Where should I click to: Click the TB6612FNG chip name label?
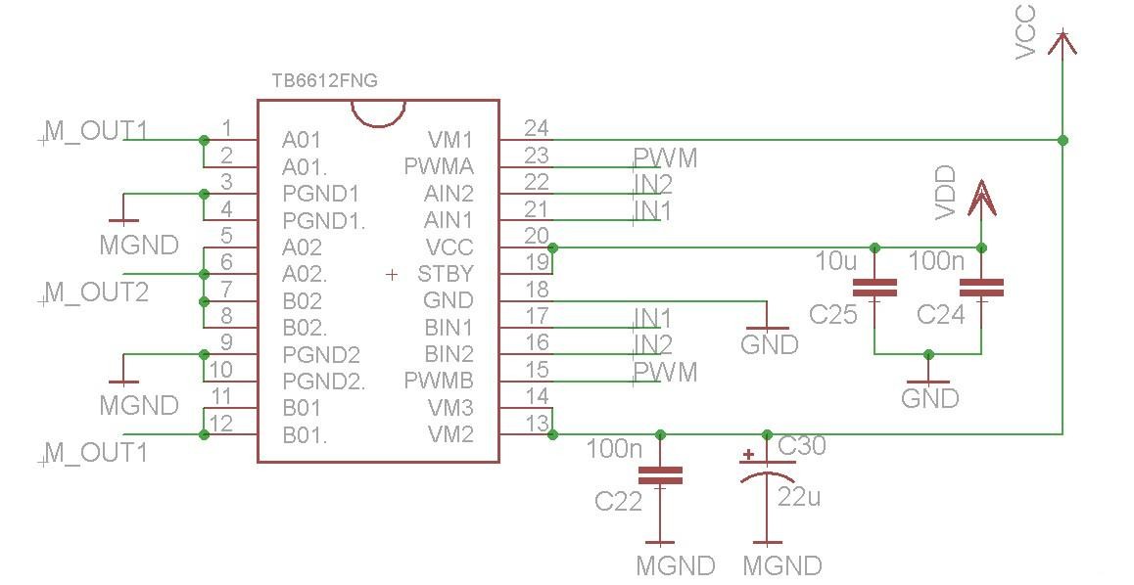pos(325,80)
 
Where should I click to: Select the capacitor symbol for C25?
pos(874,289)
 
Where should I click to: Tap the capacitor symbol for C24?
pos(981,289)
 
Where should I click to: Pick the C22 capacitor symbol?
pos(660,475)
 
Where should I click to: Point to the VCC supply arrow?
pos(1063,43)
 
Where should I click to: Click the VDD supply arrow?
pos(981,198)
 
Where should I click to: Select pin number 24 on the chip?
pos(536,128)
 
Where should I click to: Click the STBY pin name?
pos(446,274)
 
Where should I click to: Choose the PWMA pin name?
pos(439,166)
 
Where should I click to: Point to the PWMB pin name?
pos(439,380)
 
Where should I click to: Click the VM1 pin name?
pos(450,139)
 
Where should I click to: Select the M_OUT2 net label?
pos(96,292)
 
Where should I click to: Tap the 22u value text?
pos(799,497)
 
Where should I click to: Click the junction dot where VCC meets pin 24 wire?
pos(1063,139)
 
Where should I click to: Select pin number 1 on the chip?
pos(227,128)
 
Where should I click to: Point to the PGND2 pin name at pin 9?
pos(321,354)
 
